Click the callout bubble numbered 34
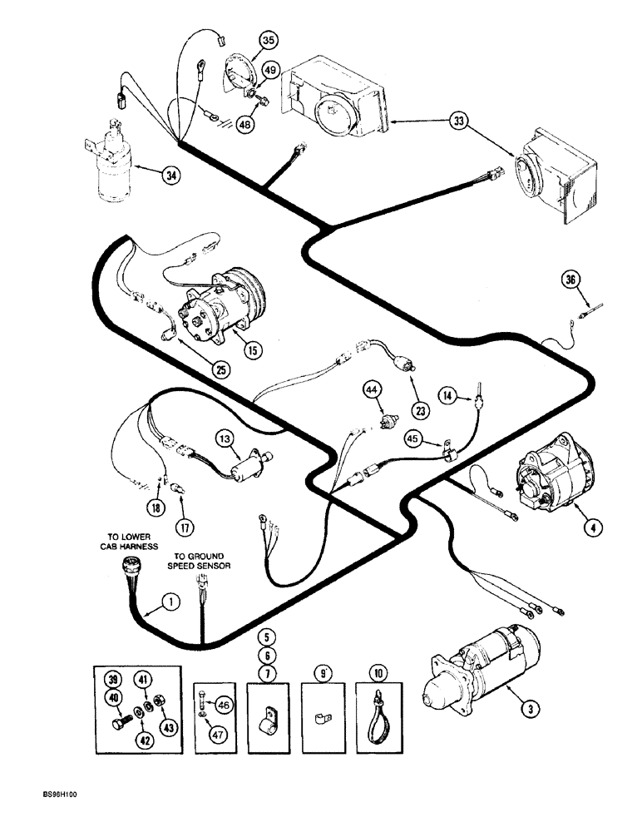(x=171, y=176)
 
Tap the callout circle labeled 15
(x=253, y=350)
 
